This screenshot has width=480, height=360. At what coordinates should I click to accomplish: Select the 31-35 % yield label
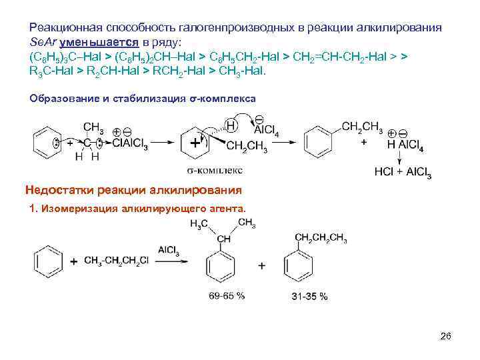309,296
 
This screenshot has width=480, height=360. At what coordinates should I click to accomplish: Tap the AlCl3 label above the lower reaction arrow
168,249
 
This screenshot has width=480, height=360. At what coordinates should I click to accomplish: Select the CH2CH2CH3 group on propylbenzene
320,239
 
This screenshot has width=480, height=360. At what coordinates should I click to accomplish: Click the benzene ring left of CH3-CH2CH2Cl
49,260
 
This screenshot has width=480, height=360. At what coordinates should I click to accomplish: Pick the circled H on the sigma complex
231,125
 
